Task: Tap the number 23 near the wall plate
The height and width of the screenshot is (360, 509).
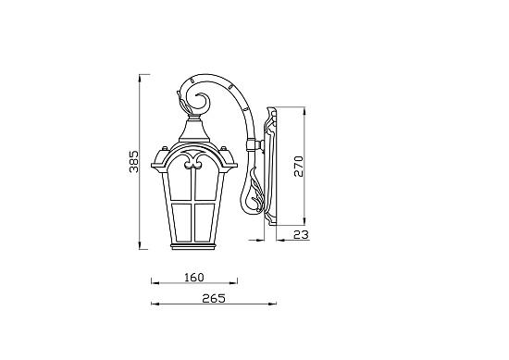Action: click(298, 236)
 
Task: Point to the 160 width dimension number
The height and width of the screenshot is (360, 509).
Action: click(193, 277)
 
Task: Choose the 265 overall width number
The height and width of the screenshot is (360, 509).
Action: click(213, 298)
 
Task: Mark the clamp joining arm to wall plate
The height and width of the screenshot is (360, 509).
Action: click(252, 144)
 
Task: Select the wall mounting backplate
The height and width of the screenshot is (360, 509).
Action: click(272, 167)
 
